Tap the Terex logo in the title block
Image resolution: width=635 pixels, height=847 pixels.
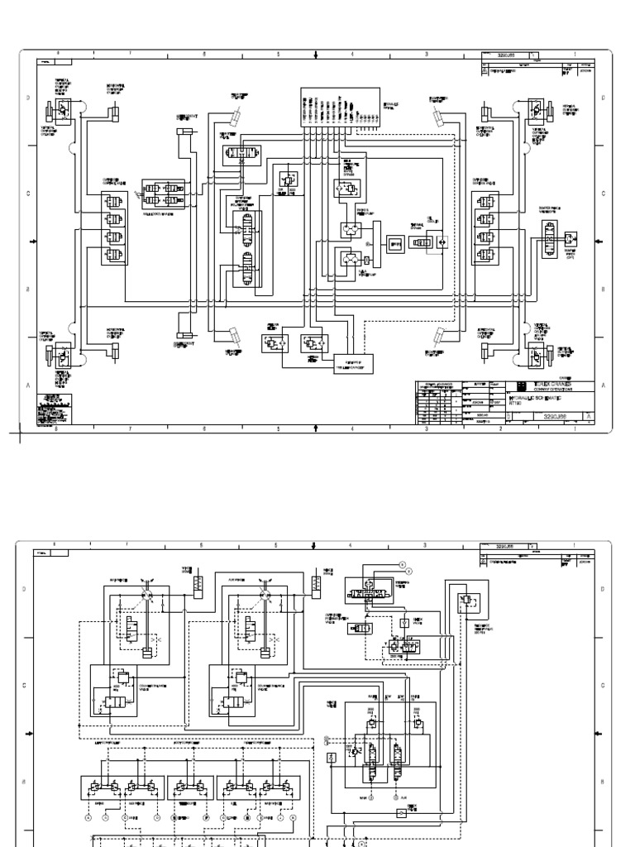(x=520, y=385)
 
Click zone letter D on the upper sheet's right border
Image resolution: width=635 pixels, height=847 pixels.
(x=602, y=98)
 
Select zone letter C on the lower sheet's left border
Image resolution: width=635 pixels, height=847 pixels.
(x=24, y=685)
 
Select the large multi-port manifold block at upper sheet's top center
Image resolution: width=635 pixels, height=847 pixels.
(x=340, y=107)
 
